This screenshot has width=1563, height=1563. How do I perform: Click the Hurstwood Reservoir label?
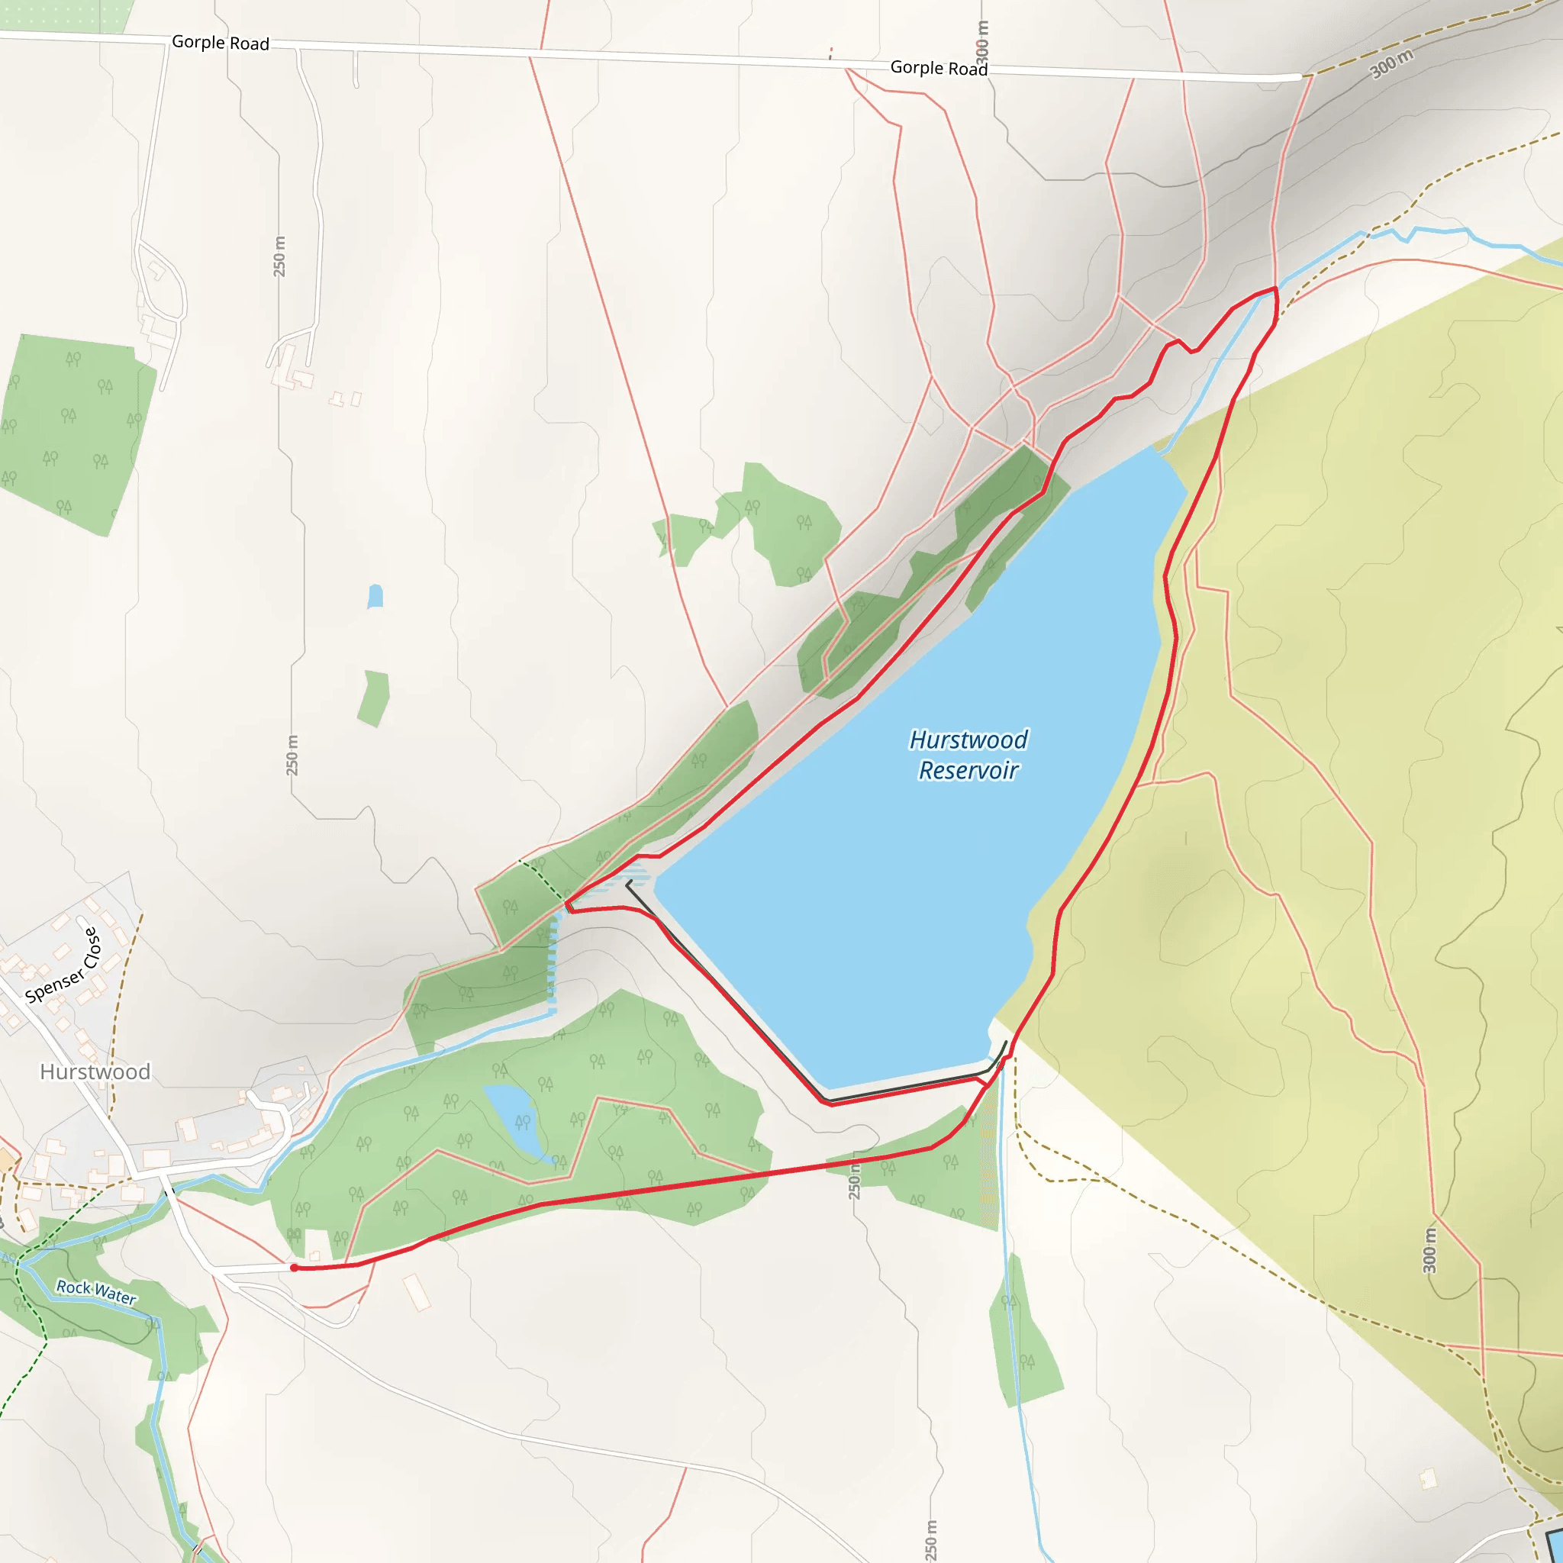pyautogui.click(x=968, y=755)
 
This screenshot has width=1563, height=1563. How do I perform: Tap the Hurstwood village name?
pyautogui.click(x=95, y=1072)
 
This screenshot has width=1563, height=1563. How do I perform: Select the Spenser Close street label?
pyautogui.click(x=63, y=967)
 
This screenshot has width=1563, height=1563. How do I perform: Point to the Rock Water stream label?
pyautogui.click(x=96, y=1291)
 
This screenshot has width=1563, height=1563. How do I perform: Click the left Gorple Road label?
pyautogui.click(x=220, y=43)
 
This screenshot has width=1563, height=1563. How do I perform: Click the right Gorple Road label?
pyautogui.click(x=939, y=69)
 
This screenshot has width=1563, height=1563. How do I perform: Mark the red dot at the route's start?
pyautogui.click(x=295, y=1268)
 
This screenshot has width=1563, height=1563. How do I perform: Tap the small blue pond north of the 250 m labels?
pyautogui.click(x=375, y=596)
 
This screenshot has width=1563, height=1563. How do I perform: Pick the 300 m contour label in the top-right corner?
pyautogui.click(x=1392, y=64)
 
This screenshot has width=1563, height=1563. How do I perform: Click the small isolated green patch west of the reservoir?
pyautogui.click(x=375, y=698)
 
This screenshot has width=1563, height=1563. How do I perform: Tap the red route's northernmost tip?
pyautogui.click(x=1275, y=288)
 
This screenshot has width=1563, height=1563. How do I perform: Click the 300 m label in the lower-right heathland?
pyautogui.click(x=1430, y=1251)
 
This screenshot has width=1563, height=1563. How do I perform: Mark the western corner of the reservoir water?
pyautogui.click(x=657, y=887)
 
